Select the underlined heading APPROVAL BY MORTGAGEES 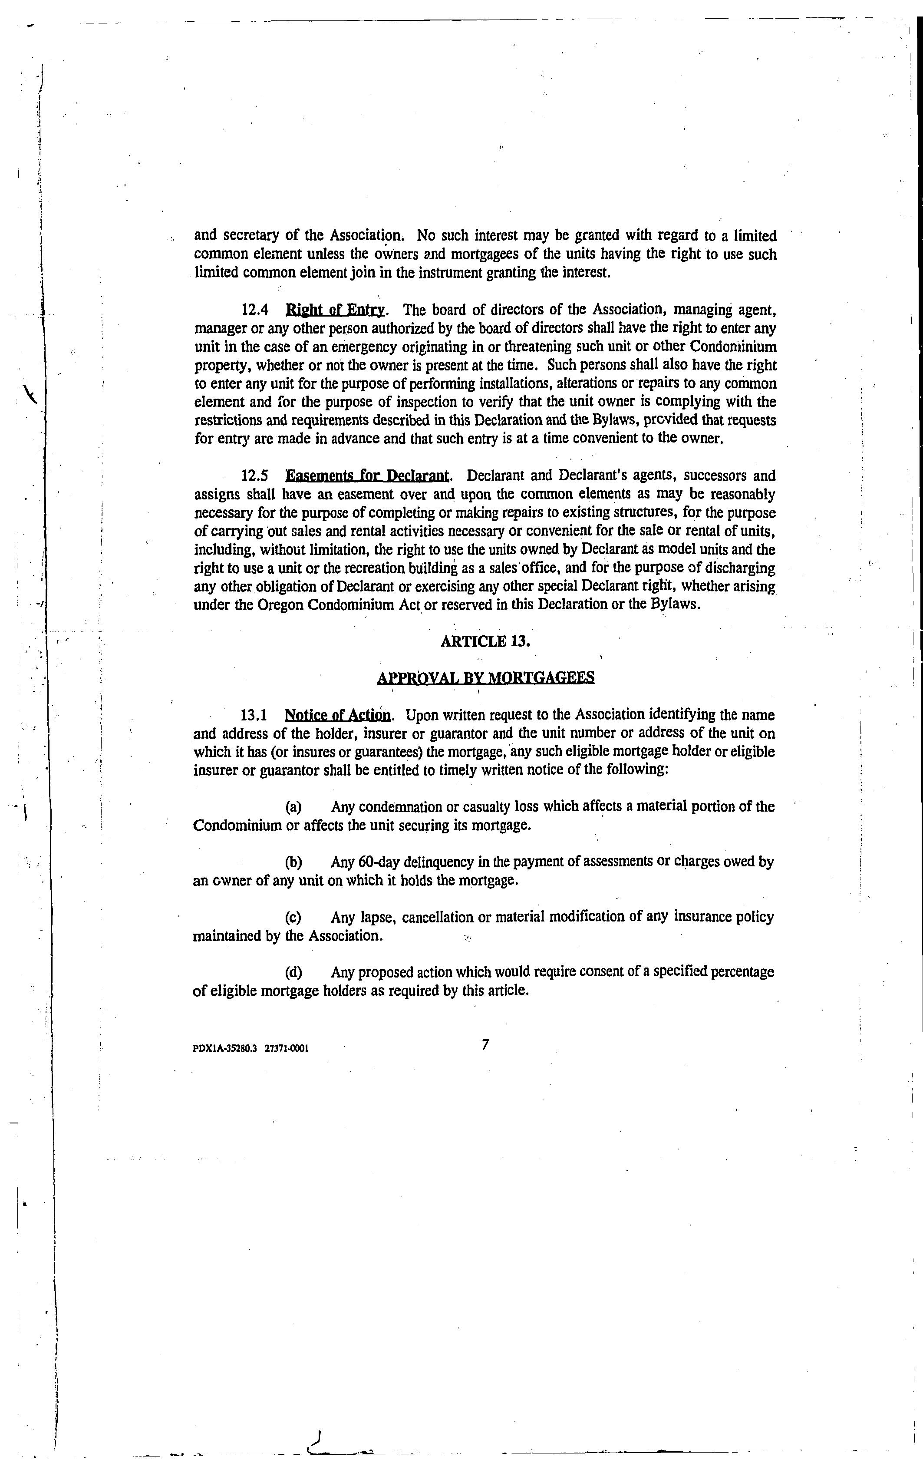[485, 677]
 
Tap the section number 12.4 [256, 310]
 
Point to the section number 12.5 [256, 476]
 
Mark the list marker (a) [293, 807]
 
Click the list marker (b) [293, 862]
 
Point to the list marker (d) [293, 972]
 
